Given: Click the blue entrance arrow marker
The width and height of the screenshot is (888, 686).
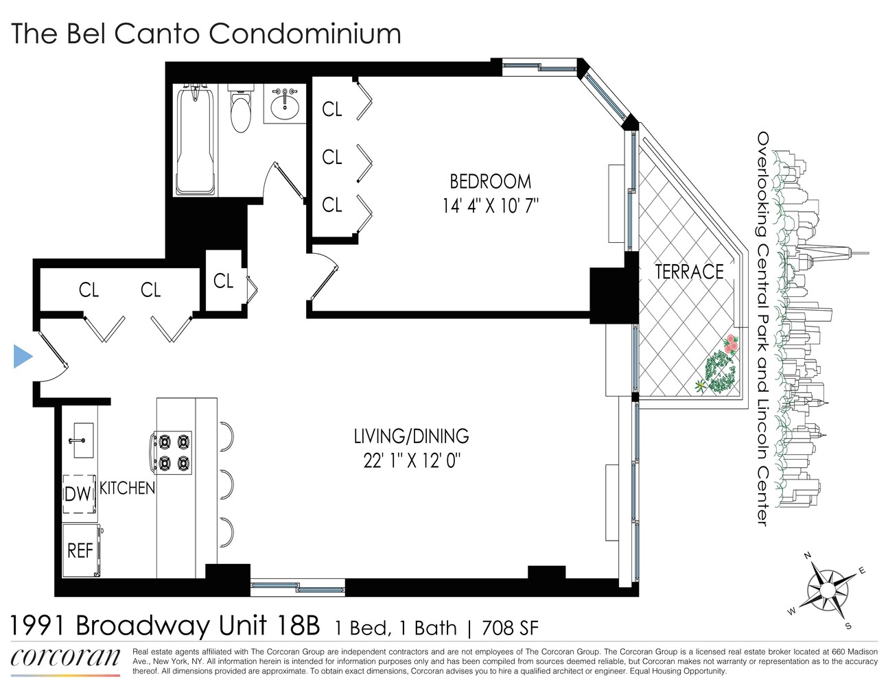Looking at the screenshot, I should click(23, 357).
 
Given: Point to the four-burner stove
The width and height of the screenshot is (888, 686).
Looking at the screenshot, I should click(172, 452).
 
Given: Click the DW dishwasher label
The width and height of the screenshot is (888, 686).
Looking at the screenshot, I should click(78, 494).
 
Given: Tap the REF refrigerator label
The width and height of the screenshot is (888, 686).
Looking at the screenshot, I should click(80, 550).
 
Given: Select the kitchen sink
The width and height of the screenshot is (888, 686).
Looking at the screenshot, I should click(82, 440).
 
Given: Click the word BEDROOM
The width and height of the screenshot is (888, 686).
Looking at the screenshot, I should click(490, 182).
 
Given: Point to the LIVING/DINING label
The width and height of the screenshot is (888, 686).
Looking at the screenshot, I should click(411, 436).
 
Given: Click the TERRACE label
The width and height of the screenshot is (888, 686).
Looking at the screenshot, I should click(689, 272).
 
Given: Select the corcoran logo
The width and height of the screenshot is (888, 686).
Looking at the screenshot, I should click(65, 658).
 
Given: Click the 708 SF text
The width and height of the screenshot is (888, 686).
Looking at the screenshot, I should click(510, 628).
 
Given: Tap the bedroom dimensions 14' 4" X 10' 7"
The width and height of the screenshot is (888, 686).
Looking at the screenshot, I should click(490, 206).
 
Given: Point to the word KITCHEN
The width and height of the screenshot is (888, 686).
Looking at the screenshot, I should click(128, 488).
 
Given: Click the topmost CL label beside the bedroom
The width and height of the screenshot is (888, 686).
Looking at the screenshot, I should click(332, 109).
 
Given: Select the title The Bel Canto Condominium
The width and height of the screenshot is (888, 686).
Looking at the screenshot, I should click(206, 34).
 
